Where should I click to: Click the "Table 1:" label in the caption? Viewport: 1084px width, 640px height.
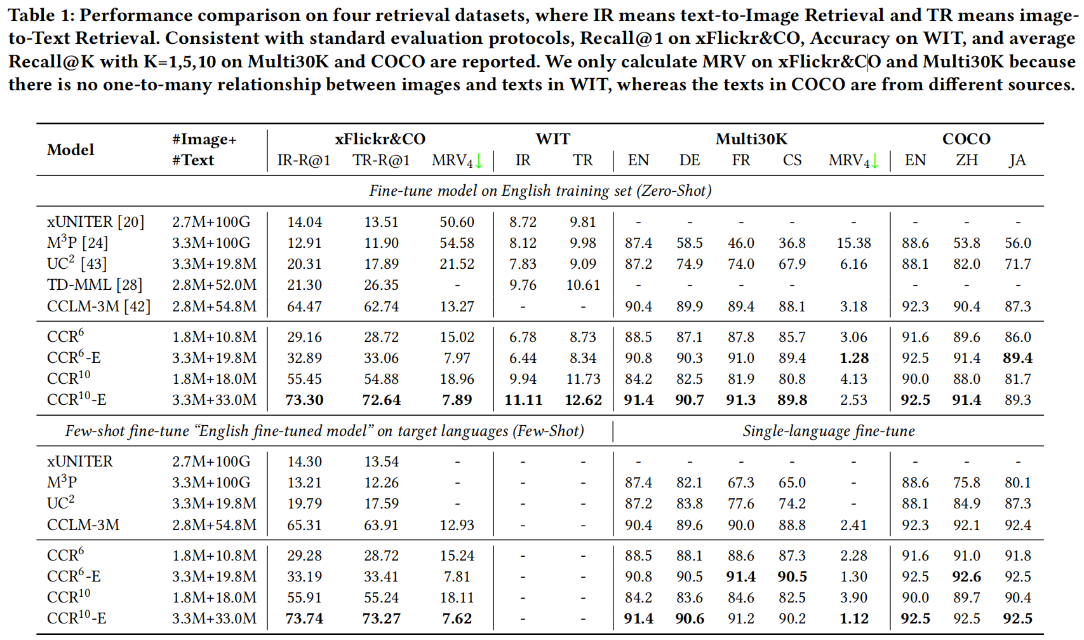(40, 15)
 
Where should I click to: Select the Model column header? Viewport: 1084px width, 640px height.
(70, 150)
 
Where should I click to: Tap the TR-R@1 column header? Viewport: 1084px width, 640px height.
(381, 160)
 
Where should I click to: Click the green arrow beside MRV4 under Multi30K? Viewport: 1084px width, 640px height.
(874, 161)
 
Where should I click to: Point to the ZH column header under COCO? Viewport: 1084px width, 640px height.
(967, 160)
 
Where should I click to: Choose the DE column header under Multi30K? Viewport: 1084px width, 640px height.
(690, 160)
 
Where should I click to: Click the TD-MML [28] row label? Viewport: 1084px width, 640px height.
(95, 285)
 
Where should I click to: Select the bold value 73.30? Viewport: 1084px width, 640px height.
(305, 400)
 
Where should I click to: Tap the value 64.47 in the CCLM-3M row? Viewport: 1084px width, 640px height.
(305, 306)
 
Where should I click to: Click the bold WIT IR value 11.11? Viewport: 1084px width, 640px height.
(523, 400)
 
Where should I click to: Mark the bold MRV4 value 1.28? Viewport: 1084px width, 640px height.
(853, 358)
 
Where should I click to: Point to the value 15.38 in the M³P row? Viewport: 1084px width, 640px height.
(853, 243)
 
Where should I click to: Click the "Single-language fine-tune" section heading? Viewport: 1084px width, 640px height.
(829, 431)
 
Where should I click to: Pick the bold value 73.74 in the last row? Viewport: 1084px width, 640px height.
(305, 618)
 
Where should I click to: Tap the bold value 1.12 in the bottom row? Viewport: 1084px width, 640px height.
(853, 618)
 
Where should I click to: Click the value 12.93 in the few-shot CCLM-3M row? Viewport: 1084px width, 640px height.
(457, 525)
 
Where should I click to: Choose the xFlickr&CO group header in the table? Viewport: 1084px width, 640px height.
(380, 139)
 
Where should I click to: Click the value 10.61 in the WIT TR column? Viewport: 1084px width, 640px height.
(583, 285)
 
